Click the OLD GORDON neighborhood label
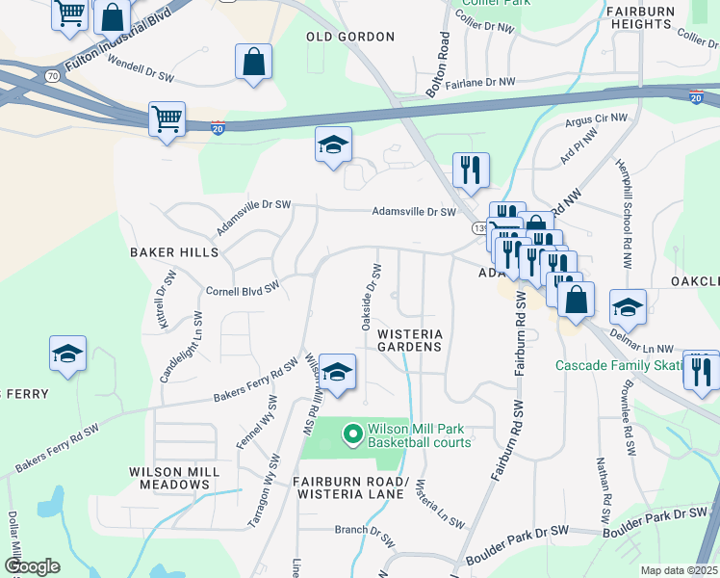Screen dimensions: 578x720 [x=350, y=37]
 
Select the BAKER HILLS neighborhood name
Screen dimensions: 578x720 [x=174, y=252]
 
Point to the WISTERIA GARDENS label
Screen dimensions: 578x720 [x=409, y=339]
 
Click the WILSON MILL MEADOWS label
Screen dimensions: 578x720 [x=174, y=479]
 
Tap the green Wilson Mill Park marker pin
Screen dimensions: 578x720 [x=353, y=435]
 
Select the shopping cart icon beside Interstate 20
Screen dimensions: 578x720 [x=167, y=119]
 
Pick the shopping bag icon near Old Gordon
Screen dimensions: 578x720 [x=253, y=62]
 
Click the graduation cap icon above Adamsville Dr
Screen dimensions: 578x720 [x=334, y=145]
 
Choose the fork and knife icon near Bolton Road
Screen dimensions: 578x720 [x=471, y=170]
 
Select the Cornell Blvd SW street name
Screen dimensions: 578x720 [x=243, y=288]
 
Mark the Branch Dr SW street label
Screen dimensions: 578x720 [x=358, y=530]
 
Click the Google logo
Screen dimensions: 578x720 [x=32, y=566]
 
